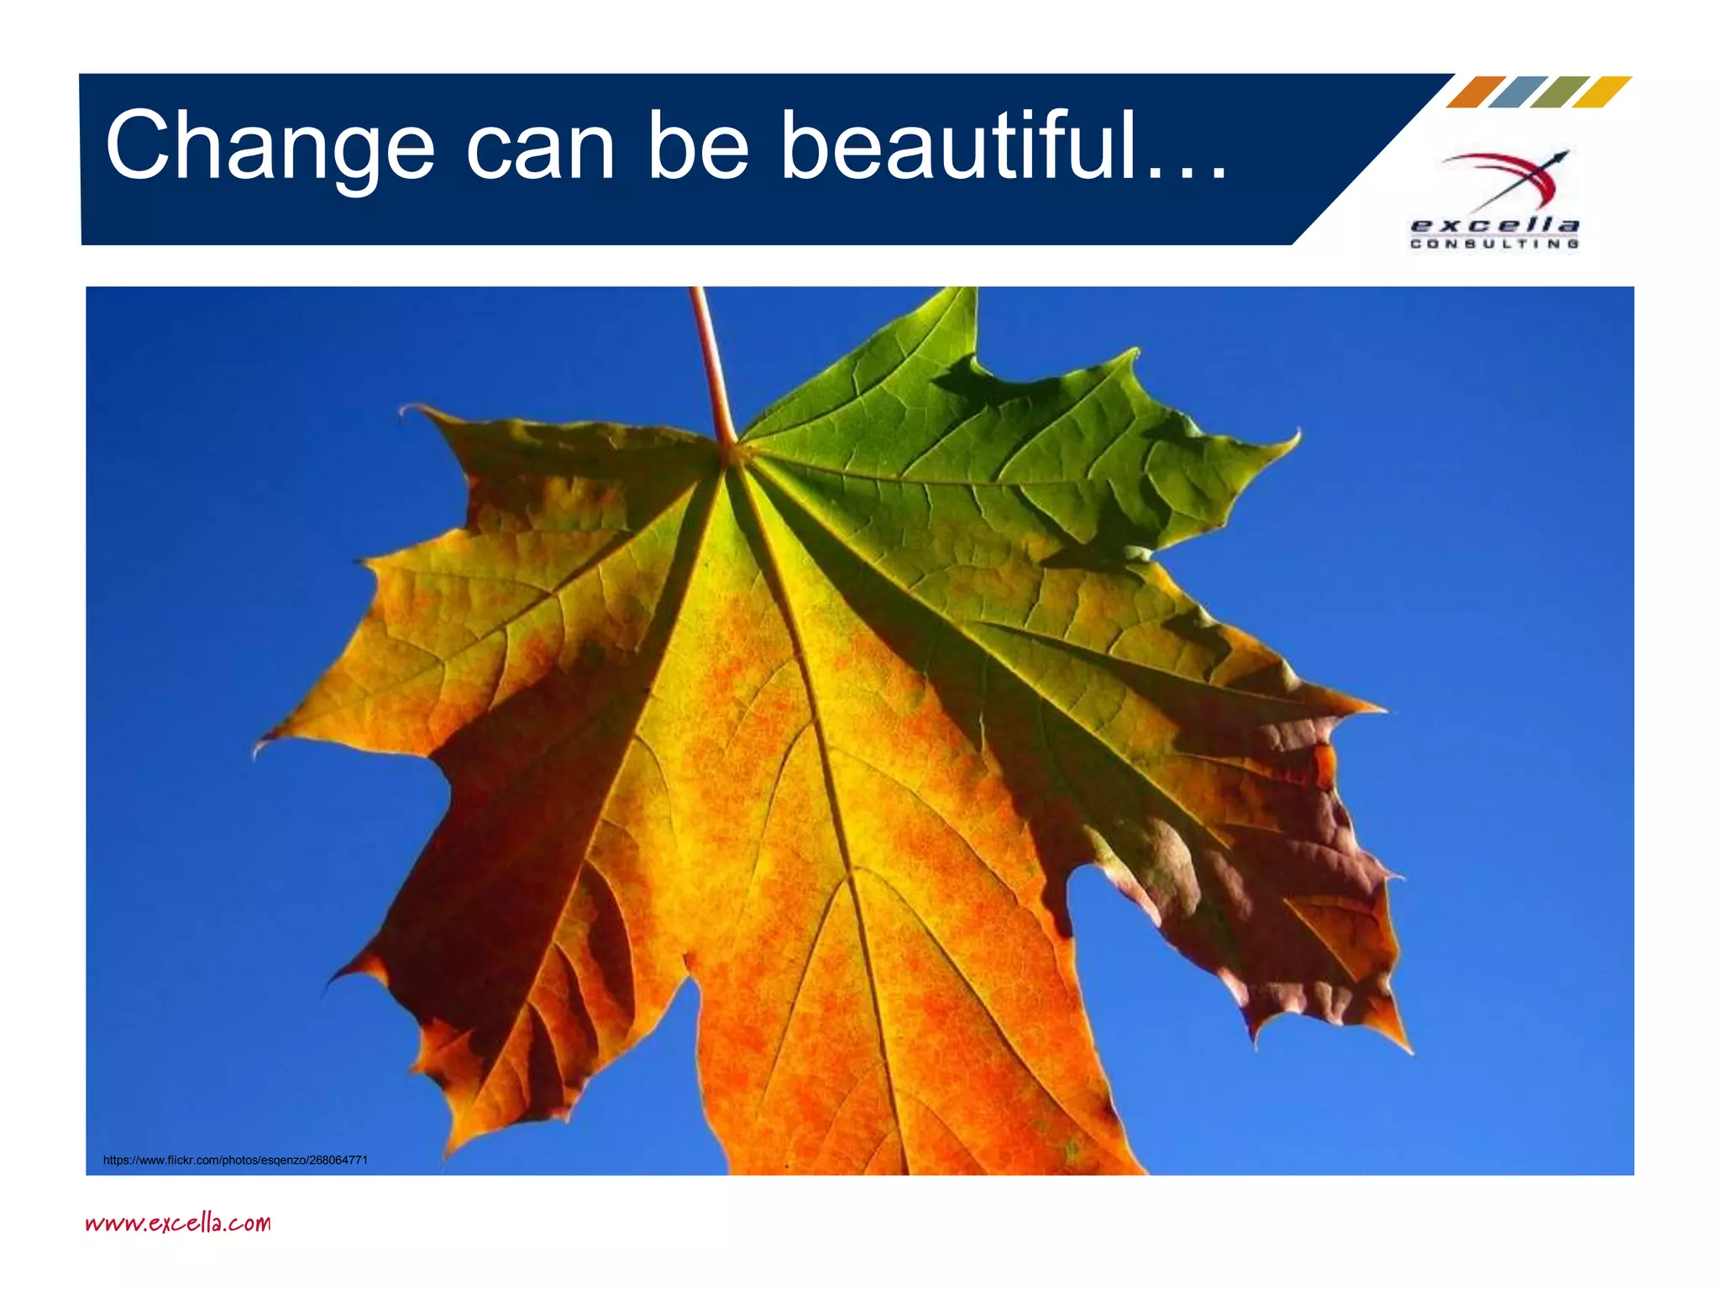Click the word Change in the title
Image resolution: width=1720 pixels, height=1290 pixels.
pyautogui.click(x=270, y=147)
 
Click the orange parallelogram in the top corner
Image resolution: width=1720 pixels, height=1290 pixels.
pyautogui.click(x=1476, y=92)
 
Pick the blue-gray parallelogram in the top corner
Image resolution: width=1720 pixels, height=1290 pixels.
pyautogui.click(x=1518, y=92)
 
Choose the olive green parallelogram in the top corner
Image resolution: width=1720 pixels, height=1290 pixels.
pyautogui.click(x=1560, y=92)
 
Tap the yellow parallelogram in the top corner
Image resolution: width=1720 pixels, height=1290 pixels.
pyautogui.click(x=1602, y=92)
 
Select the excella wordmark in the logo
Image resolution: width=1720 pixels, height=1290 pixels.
pyautogui.click(x=1495, y=225)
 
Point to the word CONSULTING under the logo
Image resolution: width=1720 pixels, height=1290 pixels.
pyautogui.click(x=1495, y=244)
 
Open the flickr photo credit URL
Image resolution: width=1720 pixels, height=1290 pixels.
pyautogui.click(x=235, y=1160)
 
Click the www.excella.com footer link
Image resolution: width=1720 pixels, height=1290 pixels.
pyautogui.click(x=178, y=1222)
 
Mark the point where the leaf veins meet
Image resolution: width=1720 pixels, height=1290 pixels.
pyautogui.click(x=731, y=454)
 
